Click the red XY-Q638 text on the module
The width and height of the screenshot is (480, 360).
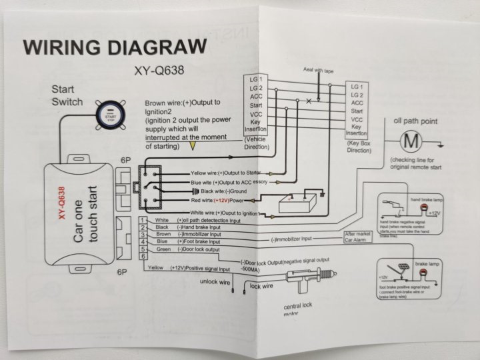[x=60, y=203]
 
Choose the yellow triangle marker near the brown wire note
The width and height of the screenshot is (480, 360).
[x=193, y=144]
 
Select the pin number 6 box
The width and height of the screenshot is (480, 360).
[x=143, y=257]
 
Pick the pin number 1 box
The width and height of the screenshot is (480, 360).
[x=143, y=220]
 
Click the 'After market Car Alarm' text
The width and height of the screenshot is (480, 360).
[x=358, y=237]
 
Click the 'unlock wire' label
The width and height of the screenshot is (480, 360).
[x=215, y=282]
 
